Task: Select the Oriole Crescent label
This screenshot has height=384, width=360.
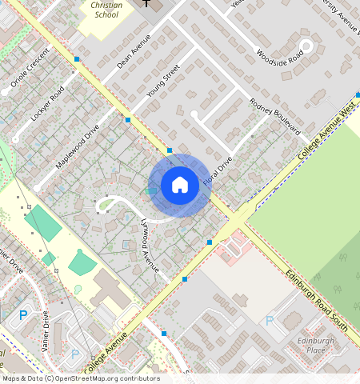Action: coord(26,73)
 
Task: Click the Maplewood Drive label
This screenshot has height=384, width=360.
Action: coord(78,145)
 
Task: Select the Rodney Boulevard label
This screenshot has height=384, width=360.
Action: coord(274,116)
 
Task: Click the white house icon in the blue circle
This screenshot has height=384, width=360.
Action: coord(180,186)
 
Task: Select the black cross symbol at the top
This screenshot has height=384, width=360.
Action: coord(146,3)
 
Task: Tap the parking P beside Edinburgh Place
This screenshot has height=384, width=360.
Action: coord(270,321)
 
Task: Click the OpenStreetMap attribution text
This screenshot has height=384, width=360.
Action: coord(81,378)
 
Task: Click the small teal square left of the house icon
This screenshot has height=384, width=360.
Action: coord(150,190)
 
